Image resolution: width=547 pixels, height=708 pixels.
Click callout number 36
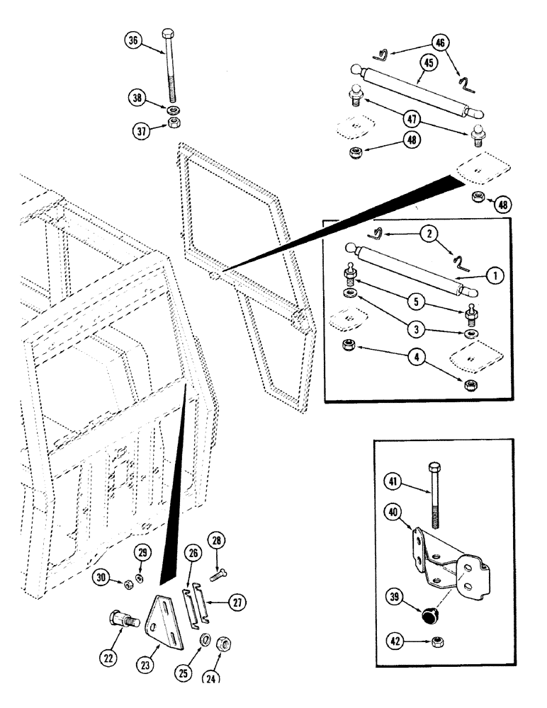(x=133, y=41)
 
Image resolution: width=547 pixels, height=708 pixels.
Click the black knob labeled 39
(x=429, y=616)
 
